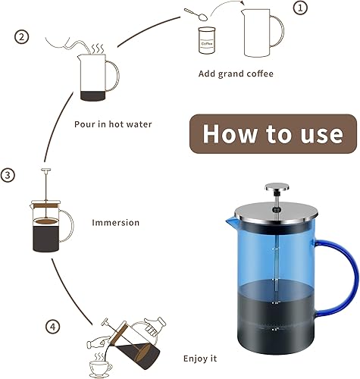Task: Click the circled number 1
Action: tap(300, 8)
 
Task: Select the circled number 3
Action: tap(8, 175)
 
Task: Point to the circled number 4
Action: tap(52, 305)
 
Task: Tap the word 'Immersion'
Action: tap(115, 223)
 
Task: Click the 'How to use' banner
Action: tap(272, 133)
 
